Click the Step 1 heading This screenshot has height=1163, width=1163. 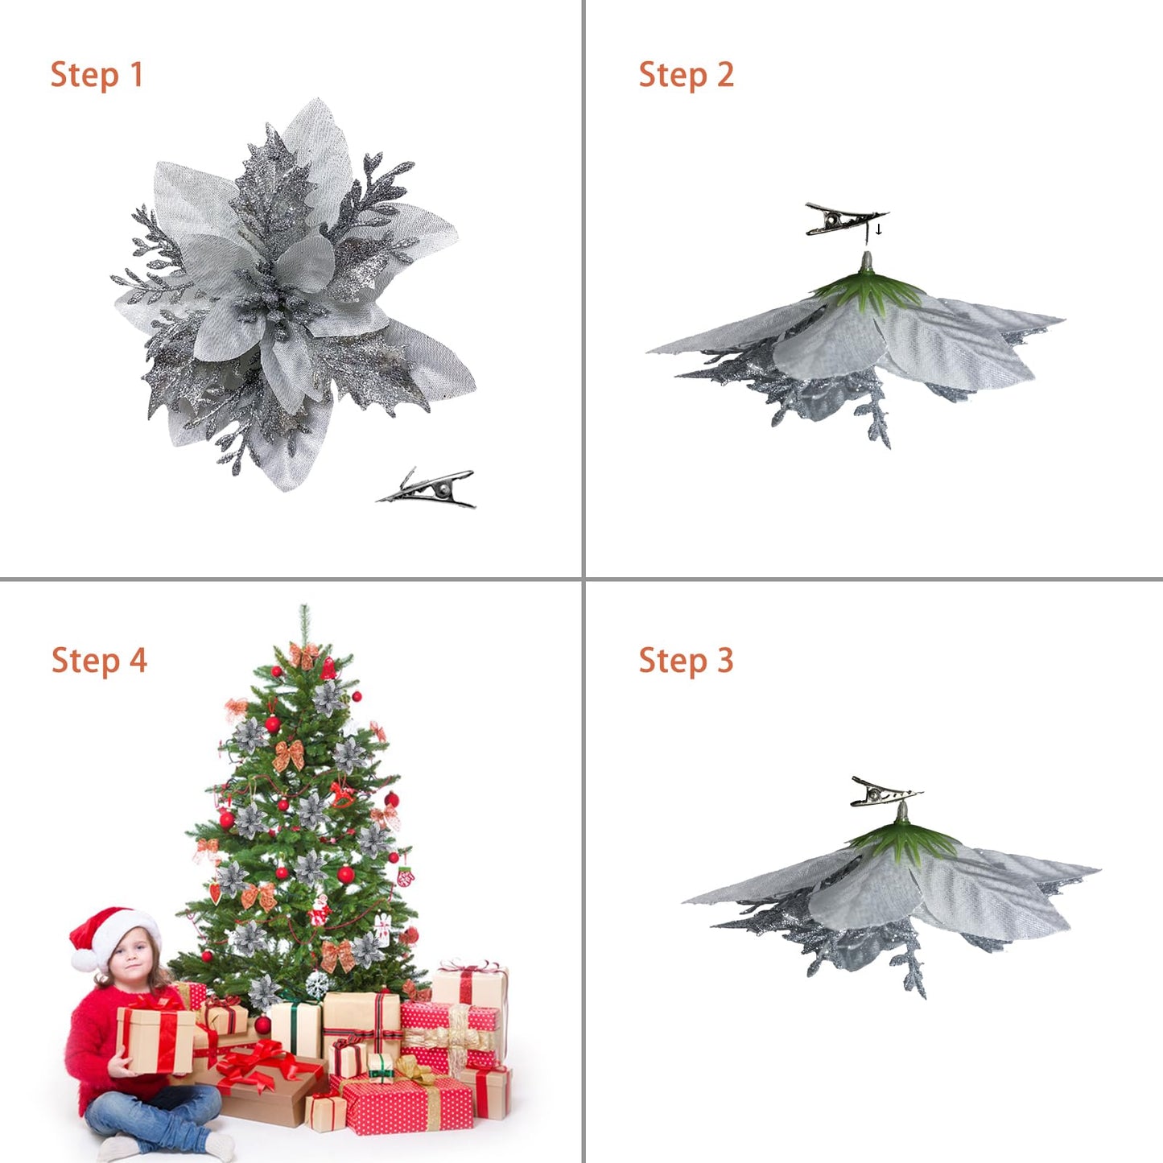(97, 75)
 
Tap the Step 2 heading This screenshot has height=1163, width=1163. (686, 75)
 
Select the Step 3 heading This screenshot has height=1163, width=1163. (686, 660)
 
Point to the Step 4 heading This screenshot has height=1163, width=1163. (99, 660)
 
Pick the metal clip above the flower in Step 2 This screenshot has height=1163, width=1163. (842, 220)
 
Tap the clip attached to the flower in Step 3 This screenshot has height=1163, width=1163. (884, 793)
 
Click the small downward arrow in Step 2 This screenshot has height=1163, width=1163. (879, 230)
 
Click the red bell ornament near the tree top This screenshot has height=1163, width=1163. (328, 668)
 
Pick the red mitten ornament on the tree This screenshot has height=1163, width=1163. (405, 876)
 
